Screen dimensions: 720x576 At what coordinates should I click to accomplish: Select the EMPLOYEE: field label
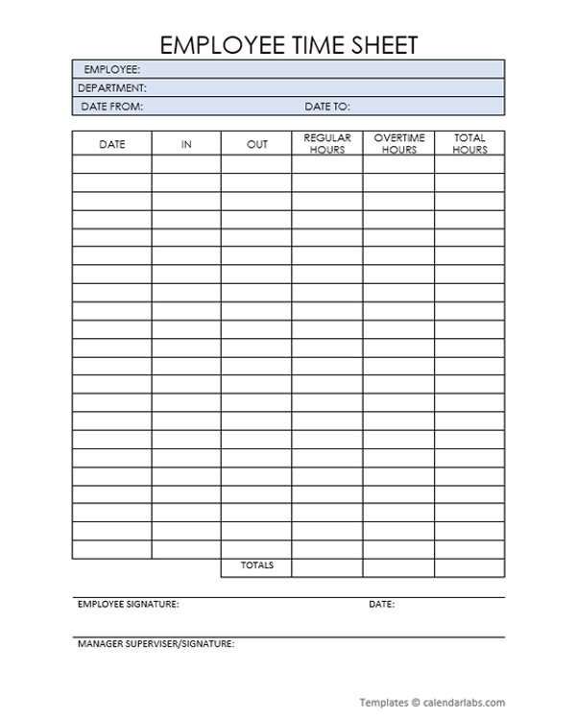(112, 69)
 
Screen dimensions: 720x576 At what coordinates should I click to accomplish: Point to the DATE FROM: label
(111, 107)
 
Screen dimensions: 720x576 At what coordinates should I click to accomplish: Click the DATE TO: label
(327, 107)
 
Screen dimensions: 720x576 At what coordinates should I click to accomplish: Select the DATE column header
(111, 144)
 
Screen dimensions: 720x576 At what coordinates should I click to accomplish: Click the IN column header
(186, 144)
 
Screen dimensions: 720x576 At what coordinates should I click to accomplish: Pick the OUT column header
(256, 144)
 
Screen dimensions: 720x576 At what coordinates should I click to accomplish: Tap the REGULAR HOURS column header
(327, 144)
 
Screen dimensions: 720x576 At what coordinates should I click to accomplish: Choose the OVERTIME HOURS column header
(398, 144)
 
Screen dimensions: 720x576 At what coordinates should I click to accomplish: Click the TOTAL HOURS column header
(469, 144)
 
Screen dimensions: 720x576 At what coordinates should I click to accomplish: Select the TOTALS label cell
(256, 565)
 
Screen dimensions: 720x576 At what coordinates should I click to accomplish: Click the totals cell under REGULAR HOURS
(327, 566)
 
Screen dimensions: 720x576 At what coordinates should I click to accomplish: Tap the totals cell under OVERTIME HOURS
(398, 566)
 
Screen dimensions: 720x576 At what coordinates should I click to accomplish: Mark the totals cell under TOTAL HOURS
(469, 566)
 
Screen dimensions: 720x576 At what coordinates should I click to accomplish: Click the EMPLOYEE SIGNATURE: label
(128, 605)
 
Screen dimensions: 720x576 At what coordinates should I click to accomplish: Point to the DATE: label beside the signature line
(381, 605)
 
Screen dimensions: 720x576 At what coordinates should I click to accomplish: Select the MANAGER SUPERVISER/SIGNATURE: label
(156, 643)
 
